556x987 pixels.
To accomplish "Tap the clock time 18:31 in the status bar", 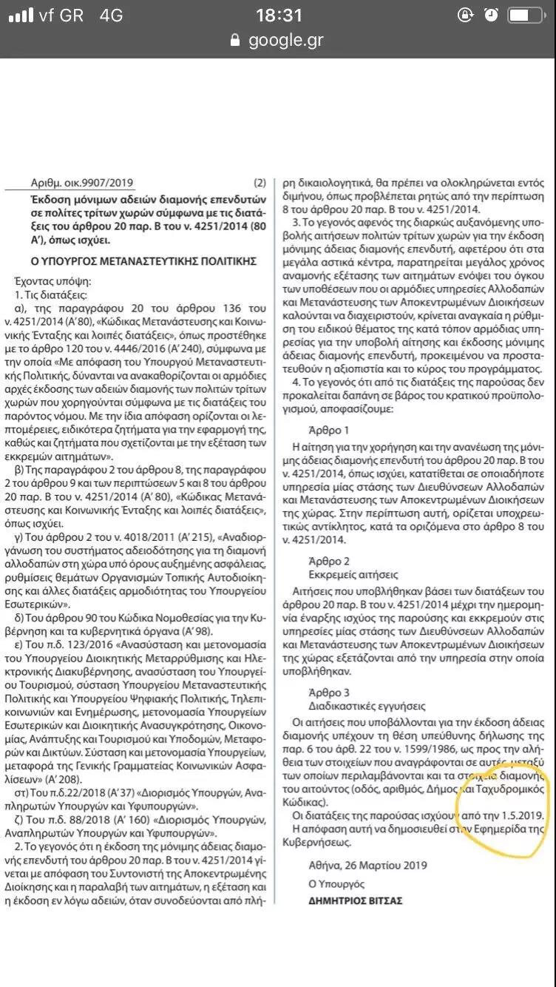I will (279, 15).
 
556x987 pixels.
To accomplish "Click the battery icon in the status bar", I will (529, 15).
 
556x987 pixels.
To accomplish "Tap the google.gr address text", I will (286, 40).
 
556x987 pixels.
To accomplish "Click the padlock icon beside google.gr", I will (236, 40).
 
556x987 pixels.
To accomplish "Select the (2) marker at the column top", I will (260, 183).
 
